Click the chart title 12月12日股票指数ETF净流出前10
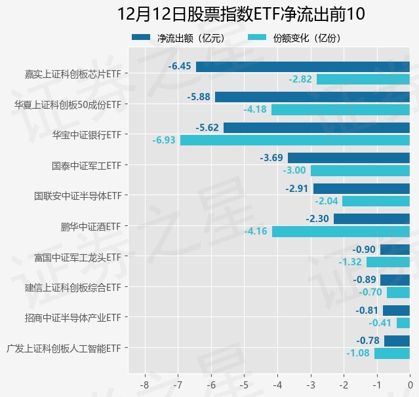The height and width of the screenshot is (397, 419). [241, 14]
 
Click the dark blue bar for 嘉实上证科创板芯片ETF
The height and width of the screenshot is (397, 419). [302, 66]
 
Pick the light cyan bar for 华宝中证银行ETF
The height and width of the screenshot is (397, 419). [294, 140]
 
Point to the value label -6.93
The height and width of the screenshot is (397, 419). [164, 140]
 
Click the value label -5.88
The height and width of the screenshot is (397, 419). [199, 97]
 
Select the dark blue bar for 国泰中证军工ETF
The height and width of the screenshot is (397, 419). [348, 158]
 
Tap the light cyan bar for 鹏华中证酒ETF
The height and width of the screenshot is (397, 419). [340, 231]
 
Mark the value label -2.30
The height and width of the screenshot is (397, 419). [317, 219]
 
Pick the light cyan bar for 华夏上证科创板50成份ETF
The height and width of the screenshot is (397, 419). [340, 109]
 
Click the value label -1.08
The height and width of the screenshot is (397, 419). [358, 354]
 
